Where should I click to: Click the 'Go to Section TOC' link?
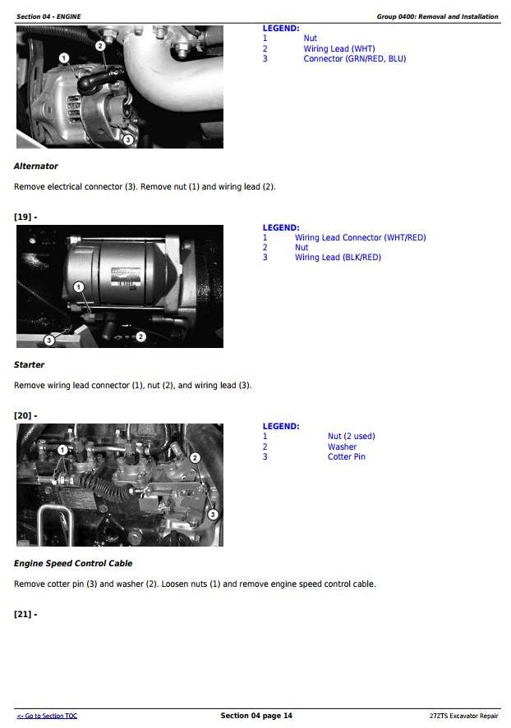pyautogui.click(x=48, y=716)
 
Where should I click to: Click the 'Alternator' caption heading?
pyautogui.click(x=36, y=167)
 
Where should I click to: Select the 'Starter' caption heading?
pyautogui.click(x=29, y=365)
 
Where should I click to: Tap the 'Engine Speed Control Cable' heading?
pyautogui.click(x=73, y=564)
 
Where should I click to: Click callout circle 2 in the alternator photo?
pyautogui.click(x=100, y=45)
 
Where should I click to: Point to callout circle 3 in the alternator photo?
pyautogui.click(x=128, y=139)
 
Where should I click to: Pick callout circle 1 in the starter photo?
pyautogui.click(x=79, y=287)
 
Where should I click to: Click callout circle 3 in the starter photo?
pyautogui.click(x=48, y=341)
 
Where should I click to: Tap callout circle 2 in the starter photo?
pyautogui.click(x=140, y=337)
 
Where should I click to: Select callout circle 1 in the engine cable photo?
pyautogui.click(x=62, y=450)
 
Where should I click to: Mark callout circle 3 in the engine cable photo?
pyautogui.click(x=213, y=514)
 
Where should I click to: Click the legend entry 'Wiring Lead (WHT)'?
pyautogui.click(x=339, y=48)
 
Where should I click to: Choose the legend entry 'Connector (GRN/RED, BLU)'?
pyautogui.click(x=354, y=58)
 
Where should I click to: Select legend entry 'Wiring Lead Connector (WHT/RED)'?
pyautogui.click(x=360, y=238)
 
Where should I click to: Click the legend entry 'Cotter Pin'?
pyautogui.click(x=346, y=457)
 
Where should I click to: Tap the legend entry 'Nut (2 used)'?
pyautogui.click(x=351, y=437)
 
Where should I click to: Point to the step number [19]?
pyautogui.click(x=25, y=217)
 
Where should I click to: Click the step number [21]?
pyautogui.click(x=25, y=614)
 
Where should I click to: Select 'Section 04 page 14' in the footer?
pyautogui.click(x=256, y=716)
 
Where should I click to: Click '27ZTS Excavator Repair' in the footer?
pyautogui.click(x=463, y=716)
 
